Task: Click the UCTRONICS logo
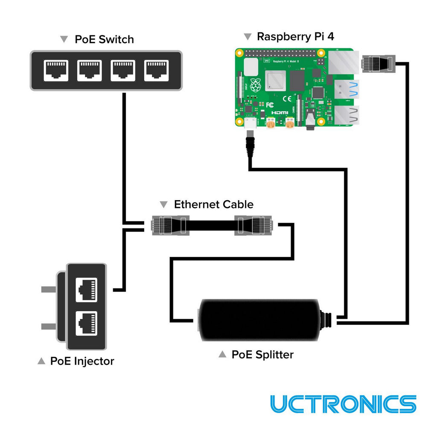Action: tap(343, 404)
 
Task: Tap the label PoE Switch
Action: tap(104, 40)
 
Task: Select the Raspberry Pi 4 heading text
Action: tap(295, 37)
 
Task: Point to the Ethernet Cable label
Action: tap(213, 204)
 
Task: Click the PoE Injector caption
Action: tap(82, 361)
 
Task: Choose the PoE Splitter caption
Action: tap(262, 354)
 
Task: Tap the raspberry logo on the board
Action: tap(255, 85)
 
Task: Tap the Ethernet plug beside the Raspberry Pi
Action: tap(377, 63)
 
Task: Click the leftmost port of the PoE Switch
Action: tap(55, 70)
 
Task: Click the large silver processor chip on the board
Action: tap(276, 81)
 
